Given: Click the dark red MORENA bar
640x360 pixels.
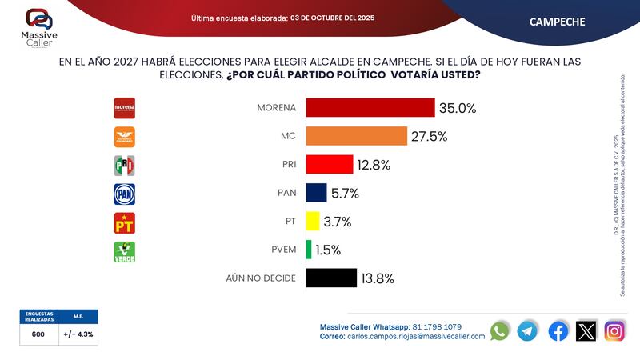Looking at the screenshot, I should tap(370, 108).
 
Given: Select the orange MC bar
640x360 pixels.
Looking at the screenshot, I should tap(357, 136).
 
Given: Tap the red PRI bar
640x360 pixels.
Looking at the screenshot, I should tap(330, 165).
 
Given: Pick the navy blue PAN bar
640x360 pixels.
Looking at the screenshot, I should tap(317, 193).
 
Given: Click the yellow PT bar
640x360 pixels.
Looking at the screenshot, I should tap(313, 222).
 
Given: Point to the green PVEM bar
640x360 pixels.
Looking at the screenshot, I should tap(309, 250).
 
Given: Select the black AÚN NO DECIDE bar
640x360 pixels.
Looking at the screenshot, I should tap(331, 278).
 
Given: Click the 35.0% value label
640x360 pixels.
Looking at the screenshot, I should tap(459, 108).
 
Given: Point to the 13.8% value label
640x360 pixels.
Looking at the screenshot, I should tap(378, 278).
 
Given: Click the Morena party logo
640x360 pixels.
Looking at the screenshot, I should tap(125, 108).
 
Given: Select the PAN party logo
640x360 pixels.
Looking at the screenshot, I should tap(125, 193).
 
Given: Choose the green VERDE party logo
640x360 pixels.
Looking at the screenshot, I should tap(125, 251).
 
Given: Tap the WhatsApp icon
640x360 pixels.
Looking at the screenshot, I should tap(500, 330).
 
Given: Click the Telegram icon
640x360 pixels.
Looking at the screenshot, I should tap(527, 330).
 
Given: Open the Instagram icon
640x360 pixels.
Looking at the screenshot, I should tap(614, 330).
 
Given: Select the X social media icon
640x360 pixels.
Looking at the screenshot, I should tap(586, 330).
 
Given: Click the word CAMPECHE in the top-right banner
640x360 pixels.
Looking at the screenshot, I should tap(557, 22).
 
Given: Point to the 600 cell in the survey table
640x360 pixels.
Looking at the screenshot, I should tap(38, 335).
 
